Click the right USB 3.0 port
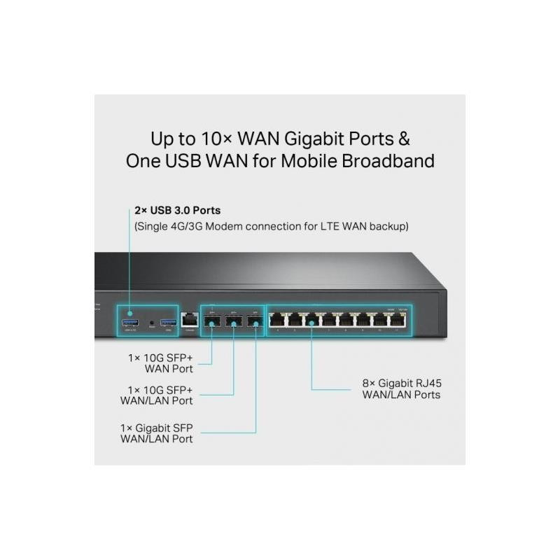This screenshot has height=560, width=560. pos(168,322)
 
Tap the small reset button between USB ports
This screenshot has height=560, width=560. pos(152,323)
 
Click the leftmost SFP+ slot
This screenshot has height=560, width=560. pos(212,321)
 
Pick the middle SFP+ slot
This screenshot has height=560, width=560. pos(234,321)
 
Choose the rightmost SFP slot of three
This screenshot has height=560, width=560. pos(255,321)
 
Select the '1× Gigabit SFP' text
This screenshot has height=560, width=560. pos(157,426)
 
